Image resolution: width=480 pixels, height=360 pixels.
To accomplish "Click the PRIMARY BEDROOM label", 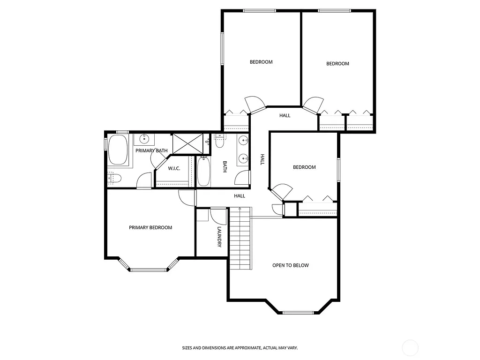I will tap(150, 228).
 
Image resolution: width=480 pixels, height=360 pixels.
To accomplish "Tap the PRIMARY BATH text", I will tap(151, 150).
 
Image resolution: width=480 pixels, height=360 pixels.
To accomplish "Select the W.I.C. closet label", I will tap(174, 169).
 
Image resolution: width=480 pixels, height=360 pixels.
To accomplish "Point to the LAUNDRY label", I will tap(219, 237).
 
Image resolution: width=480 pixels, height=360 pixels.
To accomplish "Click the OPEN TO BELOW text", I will tap(291, 265).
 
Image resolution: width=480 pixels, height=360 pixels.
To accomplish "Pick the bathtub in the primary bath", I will tap(118, 150).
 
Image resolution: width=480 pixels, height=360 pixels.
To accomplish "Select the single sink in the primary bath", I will tap(144, 139).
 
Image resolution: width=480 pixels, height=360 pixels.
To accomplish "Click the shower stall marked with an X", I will tap(188, 143).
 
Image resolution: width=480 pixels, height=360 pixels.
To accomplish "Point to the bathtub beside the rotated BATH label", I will tap(204, 172).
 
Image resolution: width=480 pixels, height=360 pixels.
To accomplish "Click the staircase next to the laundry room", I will tap(240, 239).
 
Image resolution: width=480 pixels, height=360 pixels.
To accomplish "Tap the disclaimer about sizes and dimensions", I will tap(240, 348).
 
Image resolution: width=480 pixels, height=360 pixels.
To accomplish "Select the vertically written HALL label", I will tap(262, 160).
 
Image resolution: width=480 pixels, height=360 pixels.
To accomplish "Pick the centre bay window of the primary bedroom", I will tap(150, 270).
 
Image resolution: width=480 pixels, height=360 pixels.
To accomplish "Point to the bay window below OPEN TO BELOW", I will tap(300, 312).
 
